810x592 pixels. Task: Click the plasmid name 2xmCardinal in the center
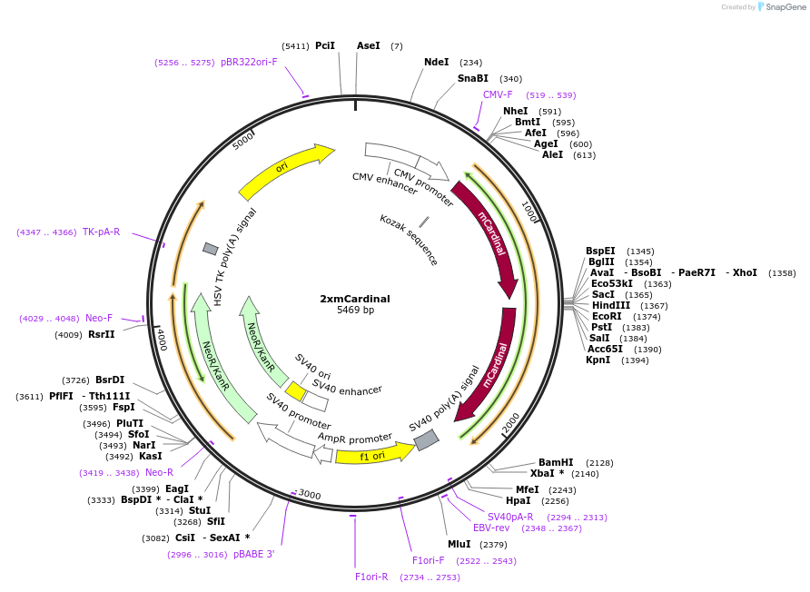pos(355,298)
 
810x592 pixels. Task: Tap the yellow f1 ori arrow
pos(372,455)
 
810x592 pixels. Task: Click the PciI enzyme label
pos(325,45)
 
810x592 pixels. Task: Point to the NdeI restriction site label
pos(437,62)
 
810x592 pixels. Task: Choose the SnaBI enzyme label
pos(472,78)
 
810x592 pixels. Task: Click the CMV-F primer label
pos(498,94)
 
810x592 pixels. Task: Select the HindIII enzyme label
pos(610,305)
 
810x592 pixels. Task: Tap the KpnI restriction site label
pos(598,360)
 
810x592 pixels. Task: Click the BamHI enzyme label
pos(556,462)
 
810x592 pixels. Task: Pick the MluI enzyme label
pos(459,544)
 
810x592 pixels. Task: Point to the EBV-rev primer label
pos(491,528)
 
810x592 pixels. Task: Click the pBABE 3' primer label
pos(253,554)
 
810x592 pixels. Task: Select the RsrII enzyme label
pos(102,334)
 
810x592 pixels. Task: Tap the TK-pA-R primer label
pos(101,232)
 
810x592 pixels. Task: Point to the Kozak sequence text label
pos(409,240)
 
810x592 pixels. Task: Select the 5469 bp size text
pos(355,311)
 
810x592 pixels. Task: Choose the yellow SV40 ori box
pos(295,391)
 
